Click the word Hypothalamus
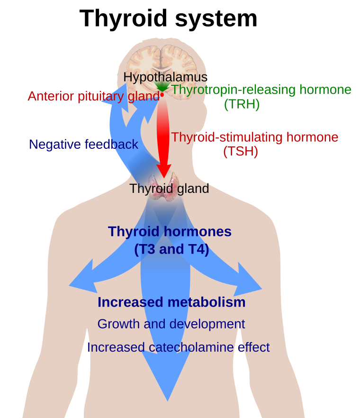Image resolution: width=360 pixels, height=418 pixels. (x=165, y=77)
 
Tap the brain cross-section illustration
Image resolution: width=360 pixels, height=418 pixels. (x=161, y=66)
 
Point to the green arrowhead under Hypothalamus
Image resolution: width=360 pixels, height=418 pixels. (x=162, y=86)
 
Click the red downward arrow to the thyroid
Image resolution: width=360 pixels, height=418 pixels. (x=163, y=137)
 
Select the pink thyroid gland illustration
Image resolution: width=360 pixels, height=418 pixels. (x=163, y=187)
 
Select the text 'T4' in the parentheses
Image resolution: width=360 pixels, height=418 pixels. (x=195, y=249)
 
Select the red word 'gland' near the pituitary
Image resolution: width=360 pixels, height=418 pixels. (x=142, y=97)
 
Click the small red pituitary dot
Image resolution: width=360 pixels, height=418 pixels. (x=162, y=95)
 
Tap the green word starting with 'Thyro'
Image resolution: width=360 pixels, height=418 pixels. (x=187, y=90)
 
